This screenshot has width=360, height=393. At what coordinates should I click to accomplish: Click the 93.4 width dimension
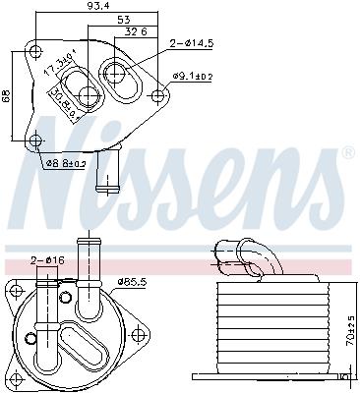tap(95, 8)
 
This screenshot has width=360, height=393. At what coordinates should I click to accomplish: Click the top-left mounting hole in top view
tap(35, 52)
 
